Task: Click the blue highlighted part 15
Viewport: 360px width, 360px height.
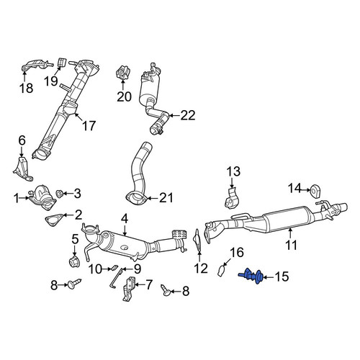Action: pyautogui.click(x=251, y=276)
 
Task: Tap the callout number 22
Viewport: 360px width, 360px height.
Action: pyautogui.click(x=188, y=115)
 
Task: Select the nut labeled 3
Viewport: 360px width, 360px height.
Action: pyautogui.click(x=59, y=194)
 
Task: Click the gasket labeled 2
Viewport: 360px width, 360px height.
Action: pyautogui.click(x=54, y=219)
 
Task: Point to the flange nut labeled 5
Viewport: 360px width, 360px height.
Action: pyautogui.click(x=74, y=263)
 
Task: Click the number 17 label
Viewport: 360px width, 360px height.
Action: pyautogui.click(x=89, y=126)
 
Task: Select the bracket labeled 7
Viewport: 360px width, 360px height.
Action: pyautogui.click(x=129, y=289)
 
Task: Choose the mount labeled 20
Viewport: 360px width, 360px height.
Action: pyautogui.click(x=124, y=73)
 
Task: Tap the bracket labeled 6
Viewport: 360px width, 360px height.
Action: pyautogui.click(x=22, y=169)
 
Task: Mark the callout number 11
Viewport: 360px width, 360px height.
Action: pyautogui.click(x=292, y=245)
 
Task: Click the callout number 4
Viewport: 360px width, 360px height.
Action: pyautogui.click(x=125, y=219)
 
